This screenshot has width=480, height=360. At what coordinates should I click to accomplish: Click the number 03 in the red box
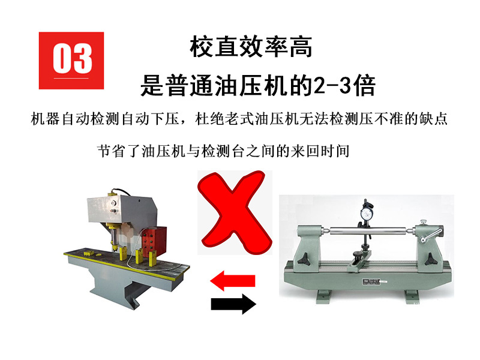(x=72, y=59)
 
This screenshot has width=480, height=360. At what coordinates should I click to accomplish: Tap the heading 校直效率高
(x=251, y=47)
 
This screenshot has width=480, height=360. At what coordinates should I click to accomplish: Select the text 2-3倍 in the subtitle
(x=344, y=86)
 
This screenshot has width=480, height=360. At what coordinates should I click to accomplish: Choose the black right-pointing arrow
(x=233, y=304)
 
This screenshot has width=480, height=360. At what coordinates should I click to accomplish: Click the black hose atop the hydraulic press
(x=123, y=193)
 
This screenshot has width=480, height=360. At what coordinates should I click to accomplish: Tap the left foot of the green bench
(x=317, y=296)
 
